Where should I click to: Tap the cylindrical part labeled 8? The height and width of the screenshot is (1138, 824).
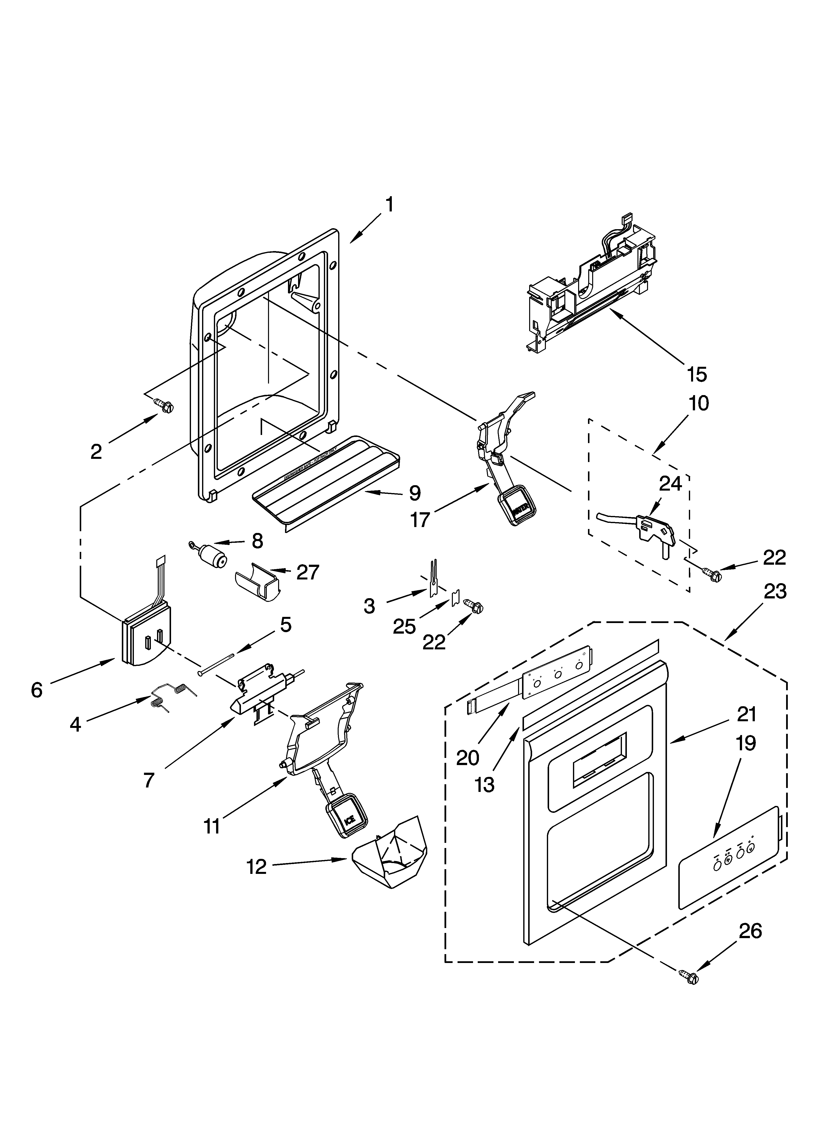click(x=213, y=559)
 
